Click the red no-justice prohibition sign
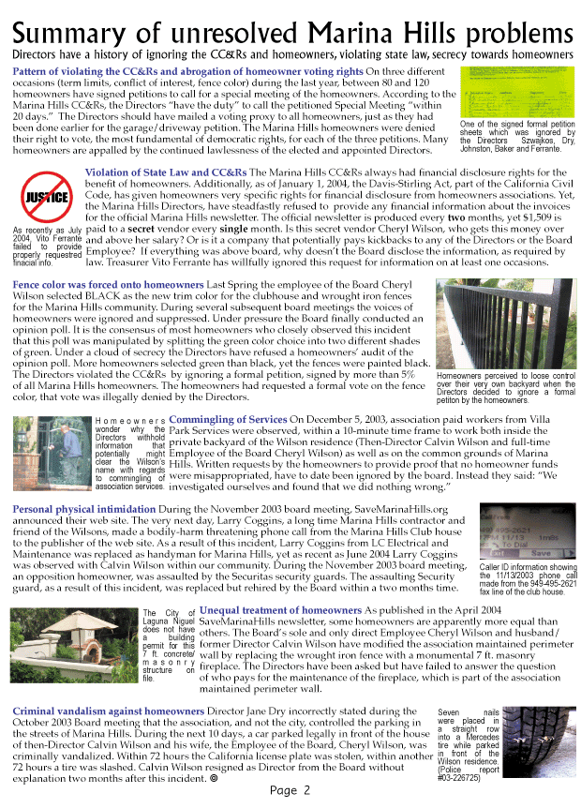pyautogui.click(x=46, y=197)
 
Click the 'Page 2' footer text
pyautogui.click(x=290, y=790)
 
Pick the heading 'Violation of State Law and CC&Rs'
pyautogui.click(x=166, y=172)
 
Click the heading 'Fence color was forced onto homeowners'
pyautogui.click(x=108, y=282)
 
